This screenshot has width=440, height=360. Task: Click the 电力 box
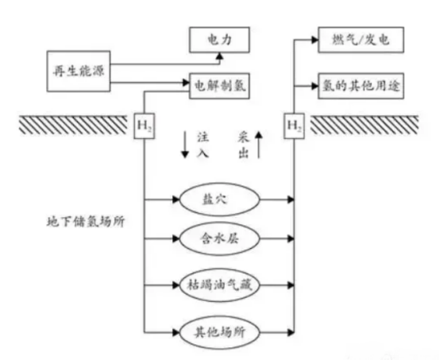(219, 40)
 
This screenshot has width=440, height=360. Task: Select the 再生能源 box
(79, 72)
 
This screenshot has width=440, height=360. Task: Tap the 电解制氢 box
(219, 86)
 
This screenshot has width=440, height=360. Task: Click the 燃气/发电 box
(361, 40)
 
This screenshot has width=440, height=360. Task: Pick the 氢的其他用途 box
(361, 86)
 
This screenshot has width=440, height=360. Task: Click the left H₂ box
(145, 126)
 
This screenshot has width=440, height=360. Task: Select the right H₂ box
(294, 126)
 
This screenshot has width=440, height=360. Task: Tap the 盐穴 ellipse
(219, 199)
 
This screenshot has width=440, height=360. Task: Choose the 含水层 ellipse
(219, 239)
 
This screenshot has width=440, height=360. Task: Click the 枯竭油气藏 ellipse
(219, 285)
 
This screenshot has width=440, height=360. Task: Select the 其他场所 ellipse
(219, 333)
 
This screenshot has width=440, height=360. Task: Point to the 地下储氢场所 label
(85, 222)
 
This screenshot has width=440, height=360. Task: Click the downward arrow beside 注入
(184, 145)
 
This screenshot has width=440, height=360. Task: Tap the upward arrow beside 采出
(258, 145)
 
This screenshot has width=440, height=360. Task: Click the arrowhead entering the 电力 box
(220, 56)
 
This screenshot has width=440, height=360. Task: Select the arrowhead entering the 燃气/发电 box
(315, 40)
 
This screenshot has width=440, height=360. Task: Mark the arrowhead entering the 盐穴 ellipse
(176, 199)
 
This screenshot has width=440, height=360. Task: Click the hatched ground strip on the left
(73, 125)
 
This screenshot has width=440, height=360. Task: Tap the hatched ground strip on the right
(365, 125)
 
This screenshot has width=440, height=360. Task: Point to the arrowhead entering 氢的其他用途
(315, 86)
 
